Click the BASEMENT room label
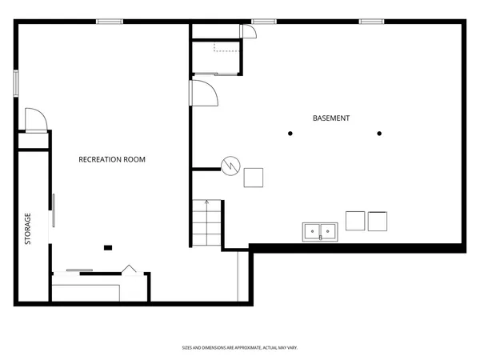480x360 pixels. [331, 118]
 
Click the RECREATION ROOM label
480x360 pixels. [112, 159]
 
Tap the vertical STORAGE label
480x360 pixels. [28, 228]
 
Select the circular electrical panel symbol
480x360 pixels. [230, 166]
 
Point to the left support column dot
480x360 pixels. [290, 134]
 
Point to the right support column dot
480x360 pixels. [379, 134]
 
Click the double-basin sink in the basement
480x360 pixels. [321, 232]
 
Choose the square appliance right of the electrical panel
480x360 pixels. [254, 177]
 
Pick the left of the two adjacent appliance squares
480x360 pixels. [354, 220]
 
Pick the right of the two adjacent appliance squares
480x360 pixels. [378, 220]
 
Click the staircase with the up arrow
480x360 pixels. [207, 224]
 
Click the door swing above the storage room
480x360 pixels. [36, 120]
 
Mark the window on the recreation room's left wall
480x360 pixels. [16, 84]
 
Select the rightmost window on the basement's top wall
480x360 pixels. [371, 22]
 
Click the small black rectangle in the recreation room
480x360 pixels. [109, 247]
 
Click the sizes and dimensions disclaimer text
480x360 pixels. [240, 348]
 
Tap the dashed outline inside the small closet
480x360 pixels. [226, 50]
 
